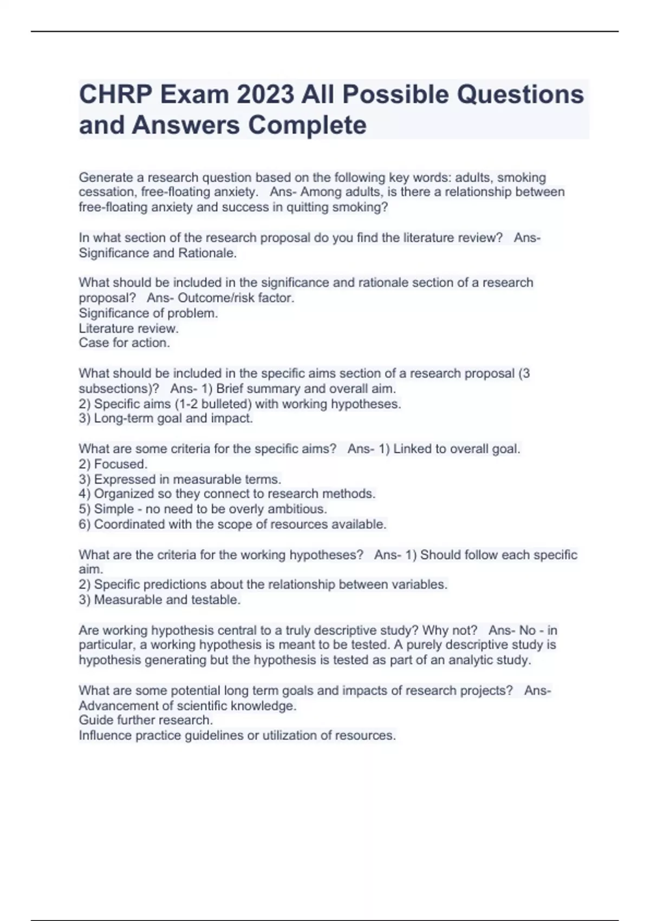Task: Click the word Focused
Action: click(120, 464)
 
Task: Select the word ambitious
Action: click(300, 509)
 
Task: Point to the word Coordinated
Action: click(129, 524)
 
